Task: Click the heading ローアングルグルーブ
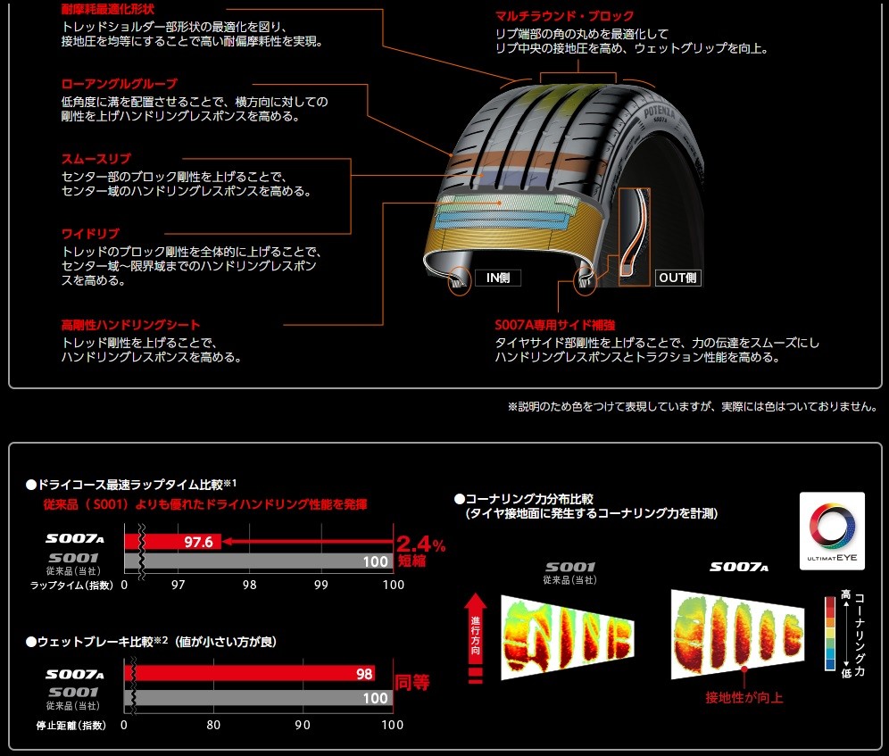pyautogui.click(x=119, y=83)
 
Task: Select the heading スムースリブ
pyautogui.click(x=96, y=159)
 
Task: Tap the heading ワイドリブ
pyautogui.click(x=90, y=234)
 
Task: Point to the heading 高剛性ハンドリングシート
pyautogui.click(x=130, y=325)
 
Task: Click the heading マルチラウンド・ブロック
pyautogui.click(x=564, y=16)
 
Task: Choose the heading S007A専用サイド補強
pyautogui.click(x=554, y=325)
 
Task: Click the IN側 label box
pyautogui.click(x=497, y=278)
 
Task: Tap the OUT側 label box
pyautogui.click(x=678, y=278)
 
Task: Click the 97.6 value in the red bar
pyautogui.click(x=198, y=542)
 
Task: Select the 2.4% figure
pyautogui.click(x=420, y=544)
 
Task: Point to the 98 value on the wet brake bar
pyautogui.click(x=364, y=675)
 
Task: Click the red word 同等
pyautogui.click(x=412, y=683)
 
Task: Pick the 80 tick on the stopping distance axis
pyautogui.click(x=213, y=725)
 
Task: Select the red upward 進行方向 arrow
pyautogui.click(x=475, y=625)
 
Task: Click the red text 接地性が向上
pyautogui.click(x=744, y=697)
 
